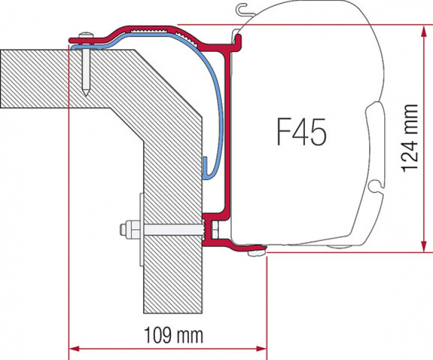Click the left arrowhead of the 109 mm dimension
coord(75,348)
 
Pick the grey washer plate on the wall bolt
coord(140,229)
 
